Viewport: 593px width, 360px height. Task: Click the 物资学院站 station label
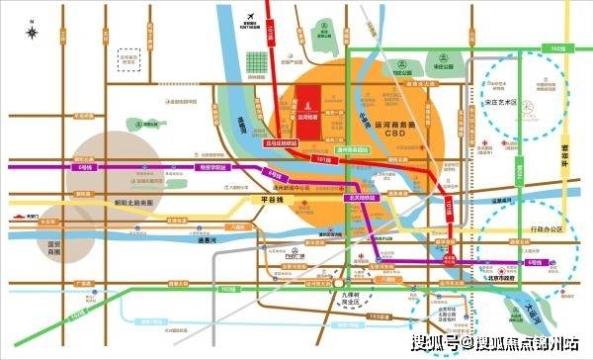212,168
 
